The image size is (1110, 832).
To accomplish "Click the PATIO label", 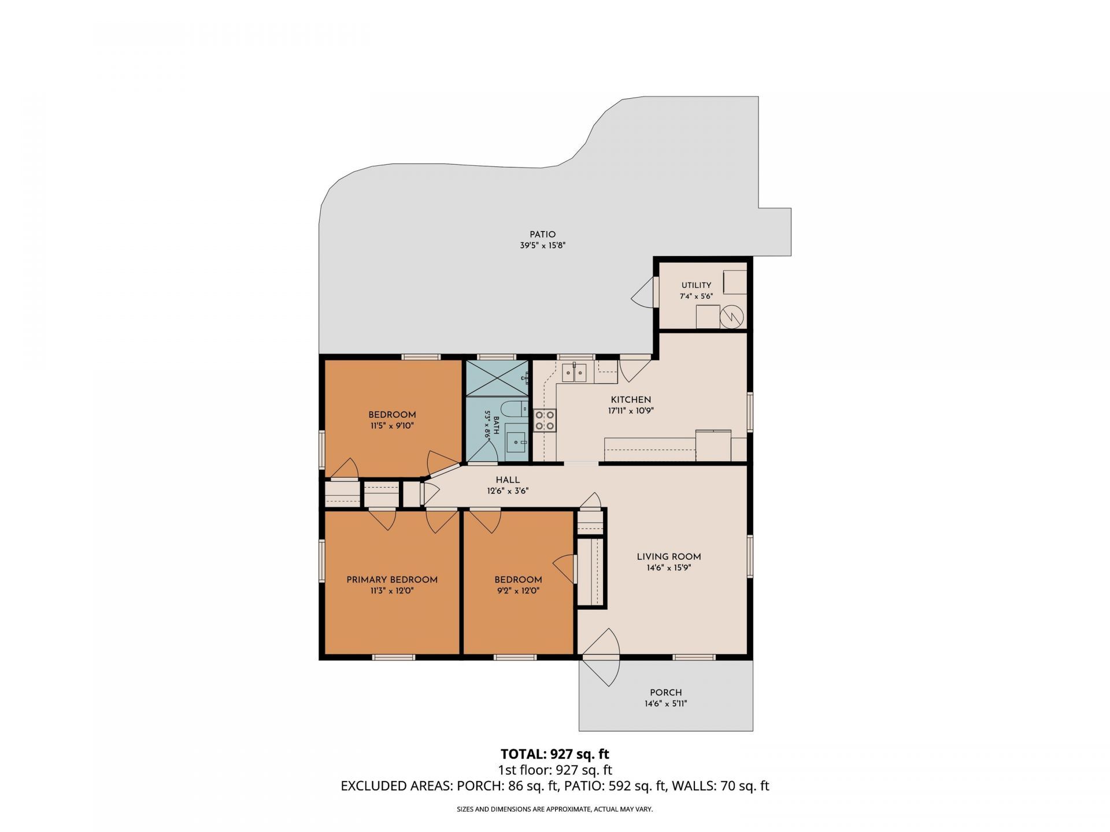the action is (x=542, y=235).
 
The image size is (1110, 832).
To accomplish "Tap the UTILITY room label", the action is (x=696, y=285).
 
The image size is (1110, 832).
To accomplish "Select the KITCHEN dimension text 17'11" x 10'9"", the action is (x=631, y=411).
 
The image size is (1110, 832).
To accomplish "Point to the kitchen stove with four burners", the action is (x=545, y=420).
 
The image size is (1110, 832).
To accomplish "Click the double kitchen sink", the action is (x=574, y=373).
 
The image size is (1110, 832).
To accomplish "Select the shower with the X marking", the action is (x=497, y=378).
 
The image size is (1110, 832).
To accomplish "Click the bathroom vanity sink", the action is (x=516, y=442).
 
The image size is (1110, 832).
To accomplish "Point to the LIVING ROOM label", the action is (x=669, y=557).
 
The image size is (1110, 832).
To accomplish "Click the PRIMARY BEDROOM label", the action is (x=392, y=580).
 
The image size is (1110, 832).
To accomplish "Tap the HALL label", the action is (x=508, y=480).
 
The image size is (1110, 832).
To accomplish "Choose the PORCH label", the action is (x=666, y=693).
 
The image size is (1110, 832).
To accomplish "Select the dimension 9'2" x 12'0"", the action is (x=518, y=591).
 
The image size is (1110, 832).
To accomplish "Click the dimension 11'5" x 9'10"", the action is (x=392, y=426).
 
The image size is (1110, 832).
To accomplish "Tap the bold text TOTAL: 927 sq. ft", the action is (x=555, y=754).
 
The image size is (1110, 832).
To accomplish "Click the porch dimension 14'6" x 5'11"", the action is (x=666, y=704).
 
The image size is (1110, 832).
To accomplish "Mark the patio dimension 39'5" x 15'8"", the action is (x=542, y=246).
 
